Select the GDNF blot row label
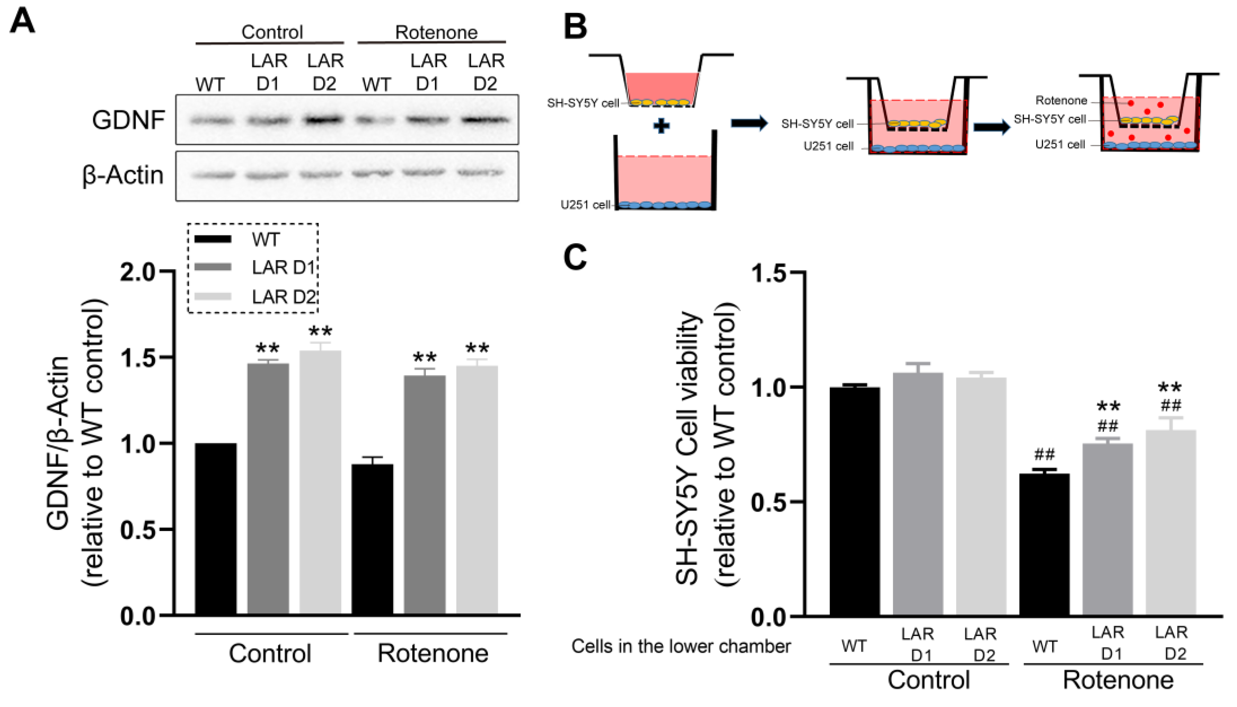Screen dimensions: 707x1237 [x=128, y=120]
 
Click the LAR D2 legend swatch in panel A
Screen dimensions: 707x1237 [x=213, y=296]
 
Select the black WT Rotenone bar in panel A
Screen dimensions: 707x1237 [x=372, y=539]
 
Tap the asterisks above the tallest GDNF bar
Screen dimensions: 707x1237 [x=320, y=332]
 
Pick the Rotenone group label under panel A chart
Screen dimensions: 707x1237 [x=433, y=654]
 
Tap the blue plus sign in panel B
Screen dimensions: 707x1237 [x=661, y=126]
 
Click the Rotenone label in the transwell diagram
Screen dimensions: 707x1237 [x=1061, y=100]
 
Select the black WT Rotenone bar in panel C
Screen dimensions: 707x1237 [x=1044, y=544]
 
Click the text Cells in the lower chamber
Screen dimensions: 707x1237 [x=681, y=646]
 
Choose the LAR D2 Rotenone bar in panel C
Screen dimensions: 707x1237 [x=1170, y=522]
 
